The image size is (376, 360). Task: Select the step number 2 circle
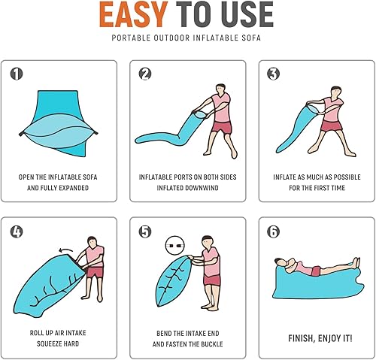[144, 74]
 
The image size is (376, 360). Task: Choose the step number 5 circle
[144, 231]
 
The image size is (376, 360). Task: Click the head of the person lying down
[279, 263]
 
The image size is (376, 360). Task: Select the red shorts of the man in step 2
[223, 125]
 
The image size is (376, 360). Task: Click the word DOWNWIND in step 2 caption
[208, 188]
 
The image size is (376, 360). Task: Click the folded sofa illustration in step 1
[60, 124]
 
